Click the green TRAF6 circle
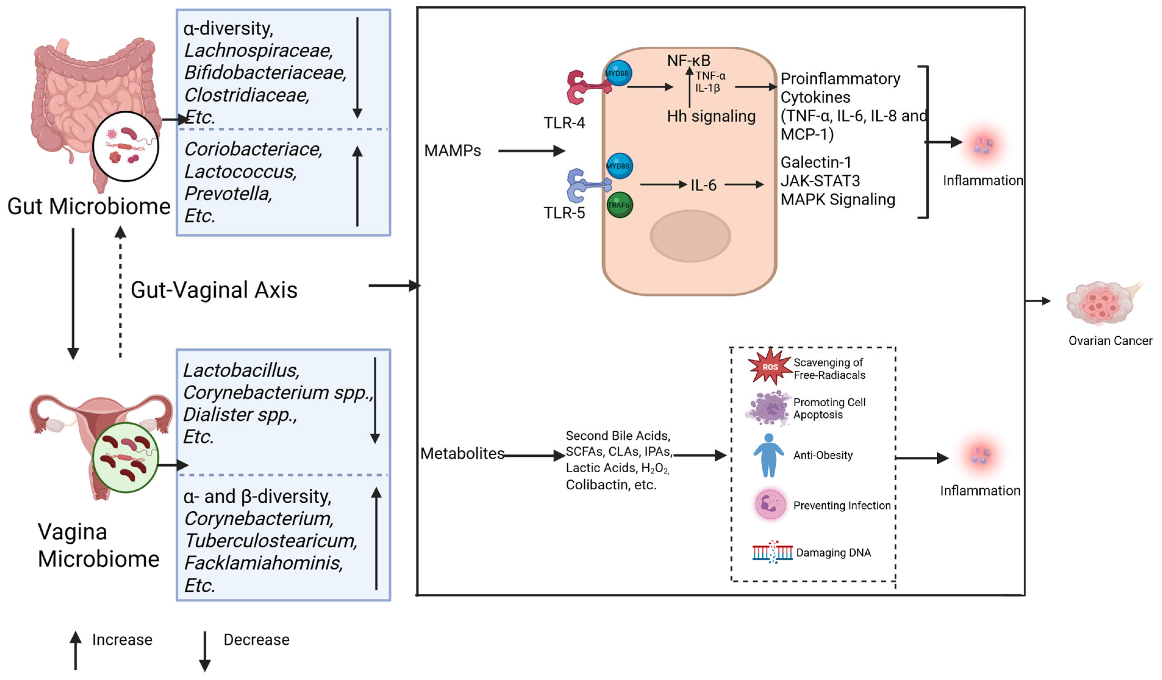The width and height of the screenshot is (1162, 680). [619, 205]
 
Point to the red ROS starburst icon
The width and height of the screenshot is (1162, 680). [769, 367]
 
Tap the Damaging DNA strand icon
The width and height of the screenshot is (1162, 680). [772, 552]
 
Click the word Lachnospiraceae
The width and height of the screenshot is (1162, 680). [258, 51]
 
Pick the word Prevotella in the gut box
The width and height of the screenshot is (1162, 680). [228, 194]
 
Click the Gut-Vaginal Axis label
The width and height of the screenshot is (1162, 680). [214, 290]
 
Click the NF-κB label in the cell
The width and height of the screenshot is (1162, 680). [688, 60]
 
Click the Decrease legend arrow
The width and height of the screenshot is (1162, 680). [205, 650]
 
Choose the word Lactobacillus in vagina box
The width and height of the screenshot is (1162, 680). [241, 370]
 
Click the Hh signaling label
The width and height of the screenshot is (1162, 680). [711, 116]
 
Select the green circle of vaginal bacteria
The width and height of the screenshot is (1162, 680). [125, 458]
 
